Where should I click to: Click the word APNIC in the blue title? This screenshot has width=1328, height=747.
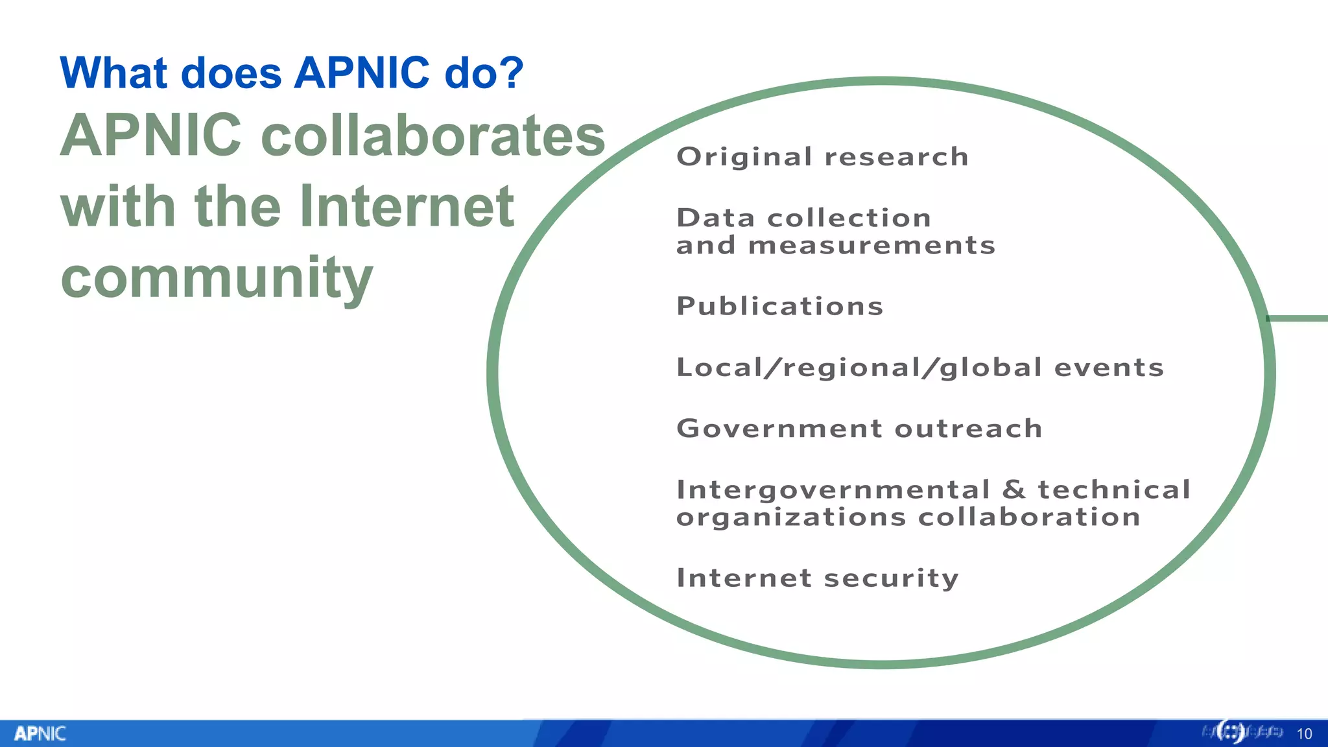[x=361, y=73]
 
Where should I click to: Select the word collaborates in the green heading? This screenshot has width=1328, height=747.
[x=433, y=136]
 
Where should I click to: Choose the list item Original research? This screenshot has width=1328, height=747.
[x=822, y=157]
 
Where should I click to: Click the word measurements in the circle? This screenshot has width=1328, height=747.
[x=871, y=246]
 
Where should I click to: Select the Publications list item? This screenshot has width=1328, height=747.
[x=779, y=306]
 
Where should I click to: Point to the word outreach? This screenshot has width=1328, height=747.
[x=968, y=429]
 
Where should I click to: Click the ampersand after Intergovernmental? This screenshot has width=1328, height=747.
[x=1014, y=490]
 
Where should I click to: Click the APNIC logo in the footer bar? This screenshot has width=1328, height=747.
[x=40, y=733]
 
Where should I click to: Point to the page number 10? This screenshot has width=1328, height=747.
[x=1304, y=734]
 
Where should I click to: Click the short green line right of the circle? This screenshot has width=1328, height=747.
[x=1299, y=318]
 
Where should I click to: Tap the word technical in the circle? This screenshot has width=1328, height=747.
[x=1114, y=490]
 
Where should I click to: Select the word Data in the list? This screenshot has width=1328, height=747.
[x=715, y=219]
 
